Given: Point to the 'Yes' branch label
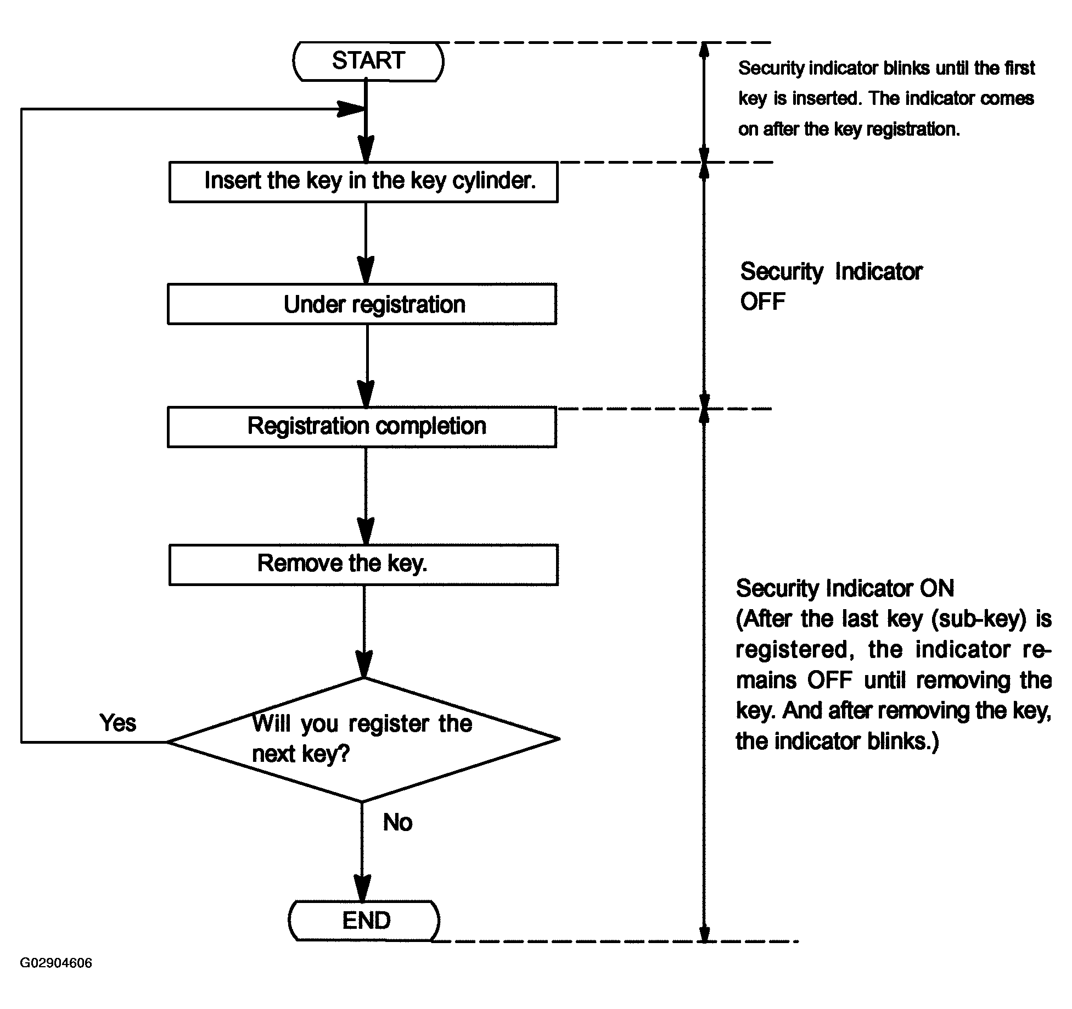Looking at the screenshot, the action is point(118,723).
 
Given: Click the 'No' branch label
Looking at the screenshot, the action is point(397,822).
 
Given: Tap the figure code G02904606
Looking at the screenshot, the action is point(56,978).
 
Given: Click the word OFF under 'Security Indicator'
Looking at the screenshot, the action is point(762,302).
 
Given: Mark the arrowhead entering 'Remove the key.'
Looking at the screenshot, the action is point(366,531).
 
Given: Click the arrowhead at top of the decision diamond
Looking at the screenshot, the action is point(364,664).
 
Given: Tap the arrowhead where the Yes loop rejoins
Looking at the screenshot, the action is point(351,109).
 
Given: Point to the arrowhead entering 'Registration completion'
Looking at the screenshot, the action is point(366,393).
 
